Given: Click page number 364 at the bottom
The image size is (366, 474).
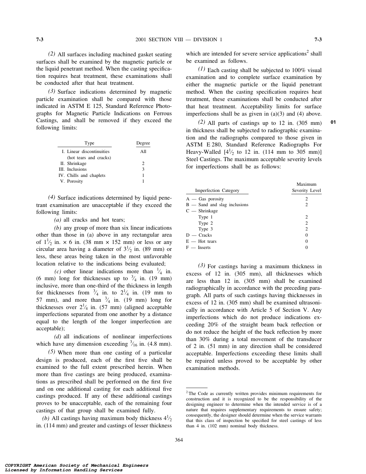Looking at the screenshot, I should [x=179, y=440].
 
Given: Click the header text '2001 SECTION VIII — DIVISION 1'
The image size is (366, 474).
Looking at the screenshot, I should [x=179, y=39].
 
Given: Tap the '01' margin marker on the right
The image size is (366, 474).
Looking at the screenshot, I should [x=333, y=123].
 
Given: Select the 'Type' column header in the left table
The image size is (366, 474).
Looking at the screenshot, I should [x=89, y=143].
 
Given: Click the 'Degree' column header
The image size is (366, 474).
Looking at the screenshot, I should [x=143, y=143].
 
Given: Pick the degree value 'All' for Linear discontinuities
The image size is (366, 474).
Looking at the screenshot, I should [x=143, y=152].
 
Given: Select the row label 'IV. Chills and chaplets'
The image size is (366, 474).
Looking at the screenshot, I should [x=82, y=175].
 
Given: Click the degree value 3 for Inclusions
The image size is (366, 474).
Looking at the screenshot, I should [x=143, y=169].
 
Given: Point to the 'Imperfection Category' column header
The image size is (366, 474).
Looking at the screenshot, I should [x=217, y=190].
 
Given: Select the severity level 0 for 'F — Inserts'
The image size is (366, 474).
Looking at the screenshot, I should [x=306, y=247].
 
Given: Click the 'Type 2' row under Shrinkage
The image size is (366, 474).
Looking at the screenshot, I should [x=205, y=223].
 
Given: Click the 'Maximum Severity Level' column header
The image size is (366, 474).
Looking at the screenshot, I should [x=306, y=188].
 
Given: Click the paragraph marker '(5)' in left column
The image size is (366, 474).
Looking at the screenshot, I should [x=52, y=352].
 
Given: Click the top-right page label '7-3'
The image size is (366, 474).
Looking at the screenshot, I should [x=318, y=39].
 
